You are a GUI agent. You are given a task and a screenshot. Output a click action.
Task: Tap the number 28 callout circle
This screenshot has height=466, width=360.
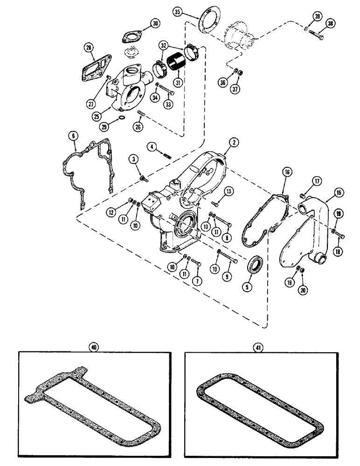(x=89, y=47)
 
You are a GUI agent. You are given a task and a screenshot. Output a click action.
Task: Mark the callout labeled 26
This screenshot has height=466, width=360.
(x=138, y=126)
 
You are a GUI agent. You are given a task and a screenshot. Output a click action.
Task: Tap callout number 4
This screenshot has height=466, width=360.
(x=151, y=147)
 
